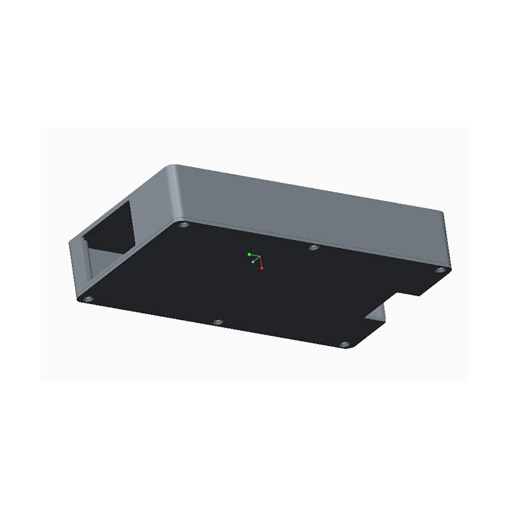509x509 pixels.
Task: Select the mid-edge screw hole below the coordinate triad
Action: [218, 322]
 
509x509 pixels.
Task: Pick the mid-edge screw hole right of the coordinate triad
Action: [313, 247]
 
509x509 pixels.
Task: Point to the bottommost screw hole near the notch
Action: [345, 344]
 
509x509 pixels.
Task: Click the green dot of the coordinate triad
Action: [249, 254]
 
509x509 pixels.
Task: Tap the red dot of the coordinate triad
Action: [262, 268]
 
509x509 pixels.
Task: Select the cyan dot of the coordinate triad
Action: [253, 261]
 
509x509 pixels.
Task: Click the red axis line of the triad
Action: [260, 262]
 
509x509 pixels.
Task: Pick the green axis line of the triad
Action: [254, 255]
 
